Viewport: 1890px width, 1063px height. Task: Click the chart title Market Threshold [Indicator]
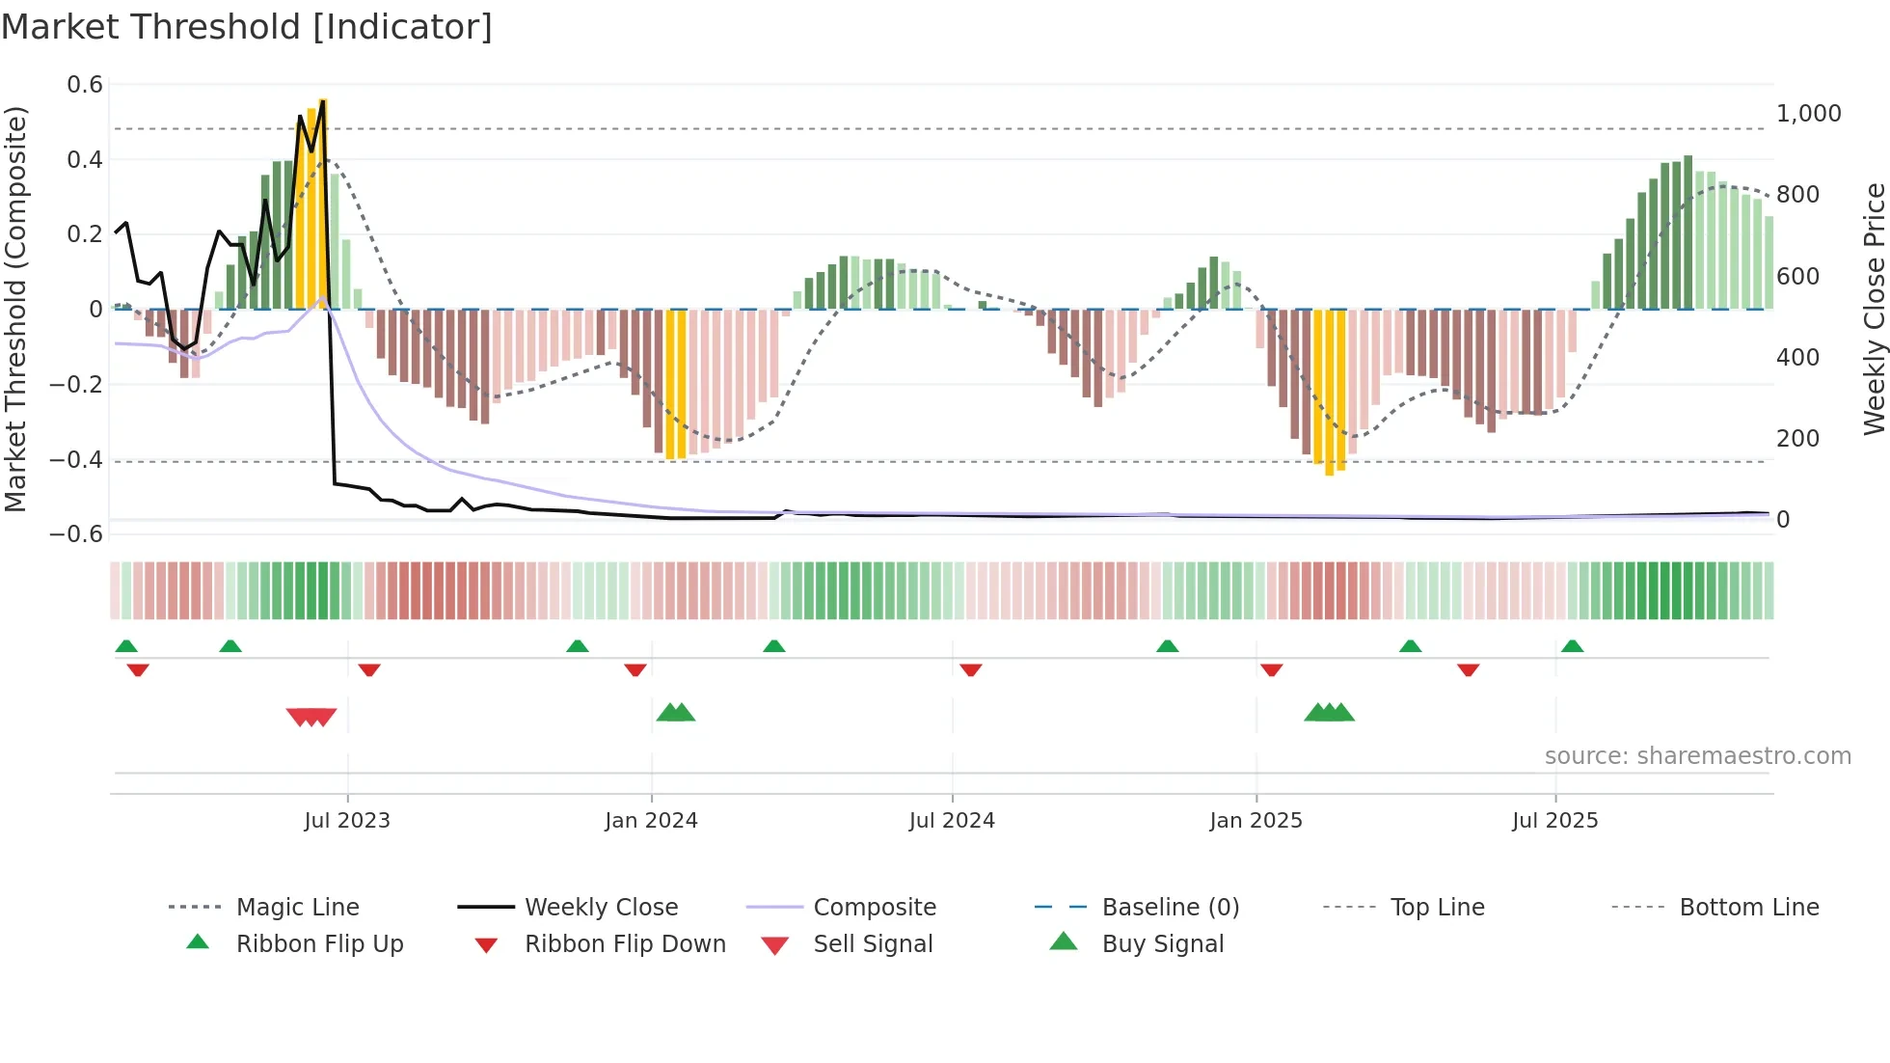pyautogui.click(x=247, y=27)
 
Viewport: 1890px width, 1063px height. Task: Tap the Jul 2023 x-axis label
pyautogui.click(x=347, y=821)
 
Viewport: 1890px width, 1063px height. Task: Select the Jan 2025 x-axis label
pyautogui.click(x=1255, y=821)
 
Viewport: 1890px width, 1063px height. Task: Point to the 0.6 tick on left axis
pyautogui.click(x=85, y=85)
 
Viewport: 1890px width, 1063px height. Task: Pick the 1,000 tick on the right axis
pyautogui.click(x=1808, y=114)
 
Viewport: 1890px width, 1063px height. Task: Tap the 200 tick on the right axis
pyautogui.click(x=1797, y=439)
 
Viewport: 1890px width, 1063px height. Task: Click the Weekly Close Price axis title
pyautogui.click(x=1874, y=309)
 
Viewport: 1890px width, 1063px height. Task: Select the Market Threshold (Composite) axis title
pyautogui.click(x=15, y=309)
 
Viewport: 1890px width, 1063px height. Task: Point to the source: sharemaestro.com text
pyautogui.click(x=1697, y=756)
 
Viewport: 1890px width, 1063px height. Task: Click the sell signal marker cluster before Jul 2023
pyautogui.click(x=311, y=717)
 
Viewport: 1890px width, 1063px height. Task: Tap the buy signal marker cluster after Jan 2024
pyautogui.click(x=676, y=713)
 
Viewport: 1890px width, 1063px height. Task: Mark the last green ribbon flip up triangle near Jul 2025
pyautogui.click(x=1572, y=646)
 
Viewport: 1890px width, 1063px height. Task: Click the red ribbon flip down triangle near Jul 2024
pyautogui.click(x=970, y=669)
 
